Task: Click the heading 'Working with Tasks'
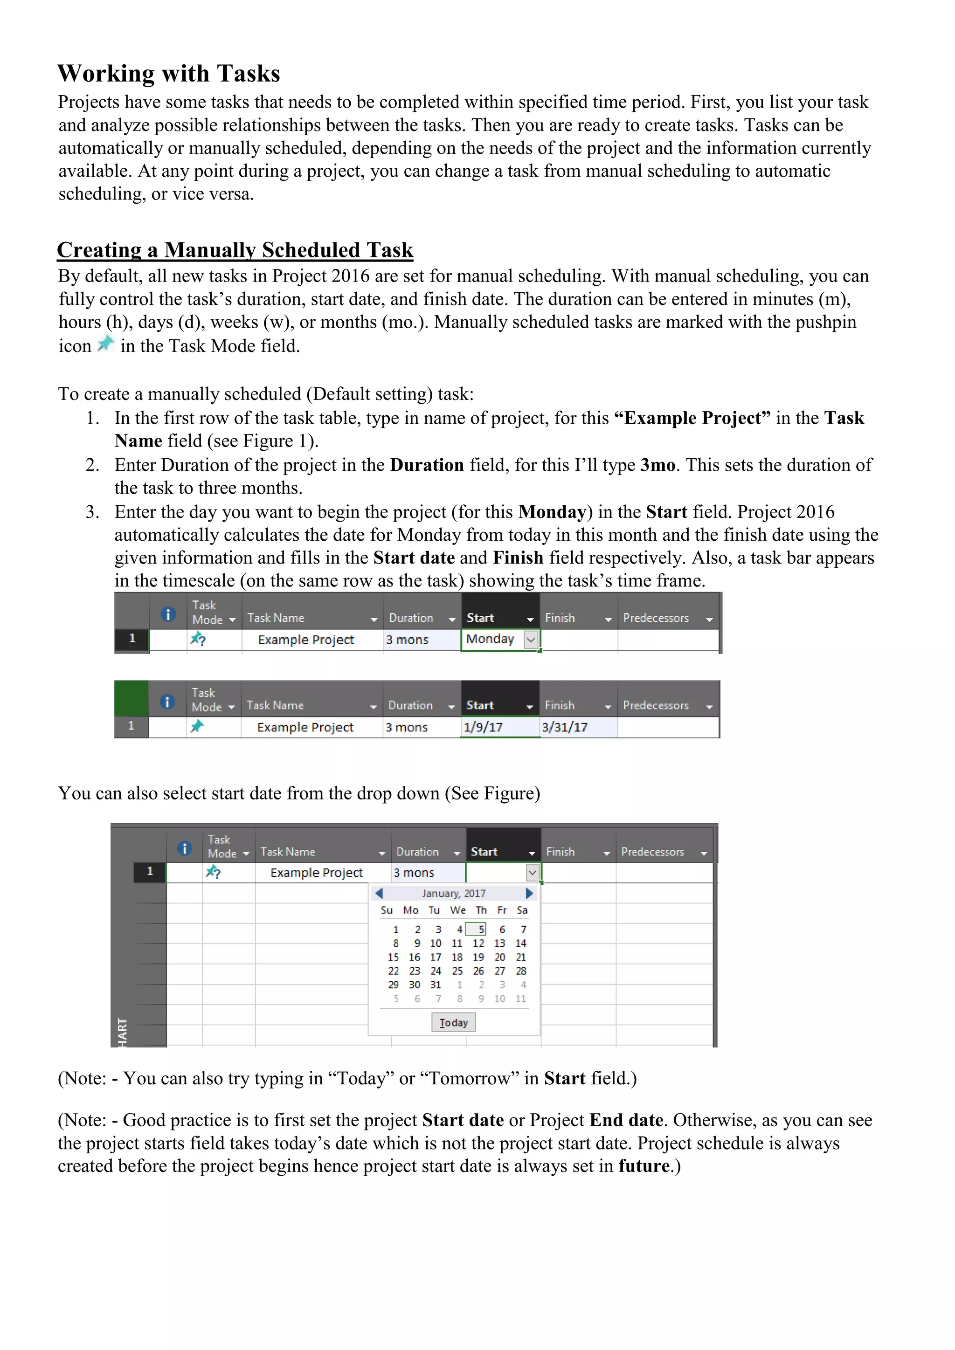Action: pos(169,74)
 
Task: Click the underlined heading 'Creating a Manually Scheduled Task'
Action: pos(235,250)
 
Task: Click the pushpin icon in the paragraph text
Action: pos(106,344)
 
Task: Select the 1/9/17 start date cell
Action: pos(484,727)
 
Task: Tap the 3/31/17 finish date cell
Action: pos(565,727)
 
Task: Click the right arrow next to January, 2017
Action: pos(529,893)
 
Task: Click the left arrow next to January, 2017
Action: pos(379,893)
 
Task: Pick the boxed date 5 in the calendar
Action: pos(480,930)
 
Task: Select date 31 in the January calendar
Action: pos(435,985)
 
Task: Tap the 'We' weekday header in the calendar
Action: pos(457,910)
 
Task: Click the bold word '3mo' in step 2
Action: pos(657,465)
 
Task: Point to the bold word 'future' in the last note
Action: pos(644,1166)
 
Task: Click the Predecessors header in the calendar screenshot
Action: pos(653,852)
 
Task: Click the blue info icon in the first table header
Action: pos(168,614)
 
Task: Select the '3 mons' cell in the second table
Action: pos(407,727)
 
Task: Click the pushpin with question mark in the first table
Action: pos(198,639)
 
